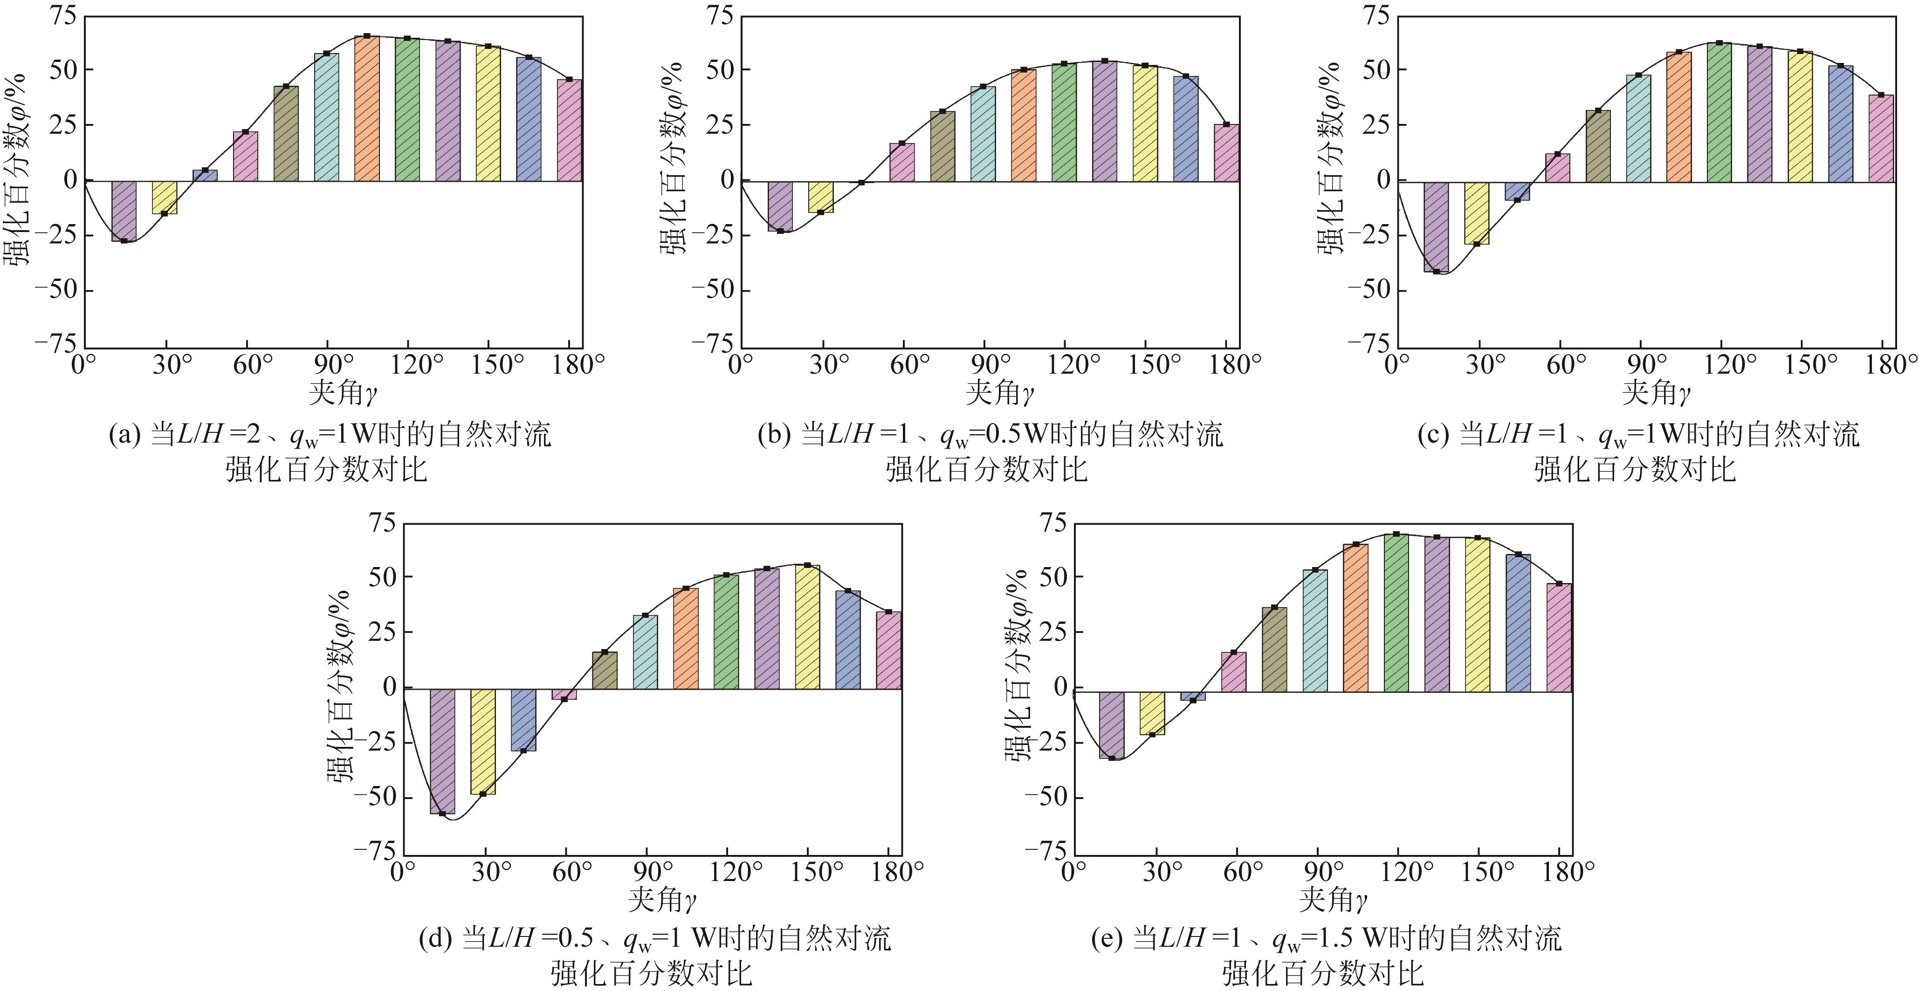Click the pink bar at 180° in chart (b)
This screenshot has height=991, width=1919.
(x=1227, y=153)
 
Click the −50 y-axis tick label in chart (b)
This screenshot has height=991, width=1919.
(x=711, y=290)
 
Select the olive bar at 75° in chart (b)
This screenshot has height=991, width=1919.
(x=942, y=146)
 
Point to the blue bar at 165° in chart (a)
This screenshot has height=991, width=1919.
(x=528, y=119)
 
